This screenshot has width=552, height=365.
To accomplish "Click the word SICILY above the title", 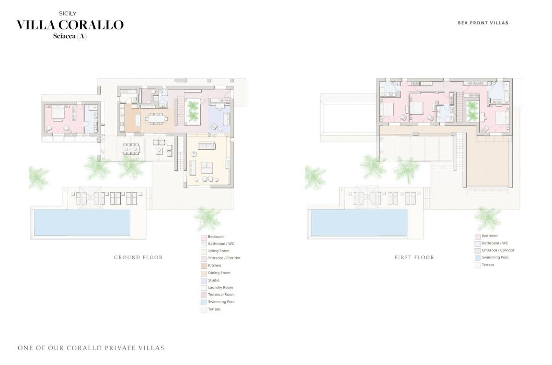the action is pyautogui.click(x=68, y=14).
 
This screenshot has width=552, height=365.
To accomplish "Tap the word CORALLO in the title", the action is pyautogui.click(x=91, y=25).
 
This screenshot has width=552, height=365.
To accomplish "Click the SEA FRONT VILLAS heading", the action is pyautogui.click(x=483, y=23).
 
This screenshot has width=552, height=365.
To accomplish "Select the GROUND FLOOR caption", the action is pyautogui.click(x=138, y=257).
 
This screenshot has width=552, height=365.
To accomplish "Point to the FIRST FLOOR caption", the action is pyautogui.click(x=414, y=257).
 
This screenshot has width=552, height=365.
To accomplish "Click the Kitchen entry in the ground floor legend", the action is pyautogui.click(x=214, y=265).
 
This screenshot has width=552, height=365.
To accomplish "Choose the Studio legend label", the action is pyautogui.click(x=214, y=280).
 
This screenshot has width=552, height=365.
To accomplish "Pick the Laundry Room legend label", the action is pyautogui.click(x=220, y=288).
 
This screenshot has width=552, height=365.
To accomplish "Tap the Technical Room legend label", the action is pyautogui.click(x=221, y=295).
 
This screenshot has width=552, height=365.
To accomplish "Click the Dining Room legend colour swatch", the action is pyautogui.click(x=204, y=273).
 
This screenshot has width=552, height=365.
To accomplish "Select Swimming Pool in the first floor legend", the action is pyautogui.click(x=495, y=257).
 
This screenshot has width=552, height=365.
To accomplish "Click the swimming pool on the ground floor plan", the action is pyautogui.click(x=82, y=223).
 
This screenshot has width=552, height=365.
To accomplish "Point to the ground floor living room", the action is pyautogui.click(x=208, y=160).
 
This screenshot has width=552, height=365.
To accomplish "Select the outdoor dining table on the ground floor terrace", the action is pyautogui.click(x=131, y=149).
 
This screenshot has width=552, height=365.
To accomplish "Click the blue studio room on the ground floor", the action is pyautogui.click(x=219, y=118).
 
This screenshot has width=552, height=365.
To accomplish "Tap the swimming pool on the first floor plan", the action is pyautogui.click(x=359, y=223).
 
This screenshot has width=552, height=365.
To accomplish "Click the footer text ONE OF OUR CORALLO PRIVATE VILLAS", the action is pyautogui.click(x=91, y=348).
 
